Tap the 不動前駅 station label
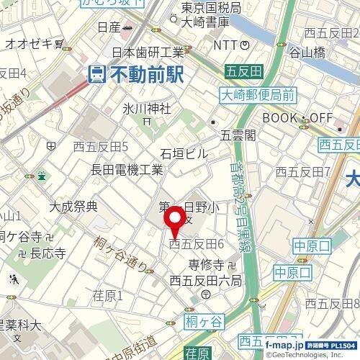pyautogui.click(x=146, y=73)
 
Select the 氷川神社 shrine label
pyautogui.click(x=147, y=109)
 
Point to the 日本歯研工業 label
pyautogui.click(x=149, y=52)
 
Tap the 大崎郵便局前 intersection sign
pyautogui.click(x=258, y=94)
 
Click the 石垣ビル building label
pyautogui.click(x=183, y=153)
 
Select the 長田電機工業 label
pyautogui.click(x=127, y=170)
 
